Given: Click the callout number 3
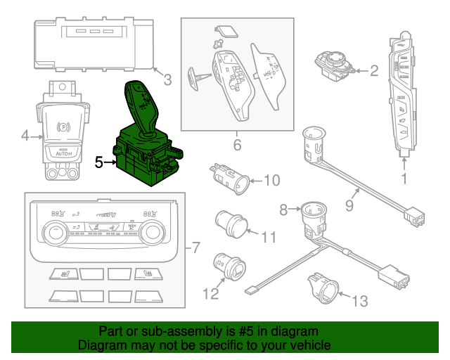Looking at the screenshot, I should pyautogui.click(x=167, y=80).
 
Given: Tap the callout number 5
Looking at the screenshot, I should pyautogui.click(x=99, y=162).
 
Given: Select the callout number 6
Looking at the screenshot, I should pyautogui.click(x=237, y=146).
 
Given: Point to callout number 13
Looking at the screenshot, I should pyautogui.click(x=359, y=302).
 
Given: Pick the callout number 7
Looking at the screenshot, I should pyautogui.click(x=196, y=248).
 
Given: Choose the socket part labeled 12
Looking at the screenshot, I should pyautogui.click(x=229, y=269).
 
